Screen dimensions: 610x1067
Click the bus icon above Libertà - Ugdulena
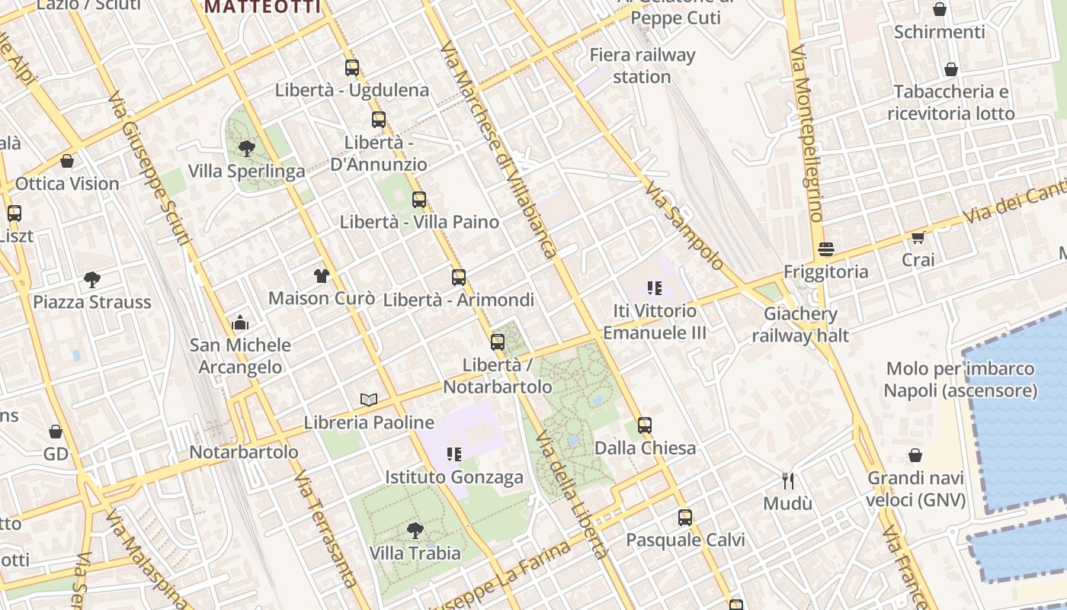(x=351, y=68)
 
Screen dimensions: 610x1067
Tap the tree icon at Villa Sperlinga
(x=246, y=148)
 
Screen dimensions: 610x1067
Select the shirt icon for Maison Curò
(x=321, y=276)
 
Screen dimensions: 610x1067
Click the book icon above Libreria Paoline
(x=369, y=400)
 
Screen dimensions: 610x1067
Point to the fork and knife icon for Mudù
(x=788, y=481)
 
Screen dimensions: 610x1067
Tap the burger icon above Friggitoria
(x=825, y=249)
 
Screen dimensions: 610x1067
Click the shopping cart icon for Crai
(x=918, y=238)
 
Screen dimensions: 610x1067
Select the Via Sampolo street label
(x=684, y=226)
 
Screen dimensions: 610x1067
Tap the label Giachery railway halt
(x=800, y=324)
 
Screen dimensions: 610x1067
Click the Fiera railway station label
(x=642, y=66)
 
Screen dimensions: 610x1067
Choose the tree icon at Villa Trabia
(x=415, y=530)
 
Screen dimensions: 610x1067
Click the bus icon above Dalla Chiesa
(x=645, y=425)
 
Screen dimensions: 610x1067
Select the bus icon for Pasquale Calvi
(x=685, y=518)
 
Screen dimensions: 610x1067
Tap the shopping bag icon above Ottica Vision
(x=67, y=162)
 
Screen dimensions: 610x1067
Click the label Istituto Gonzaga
(x=454, y=477)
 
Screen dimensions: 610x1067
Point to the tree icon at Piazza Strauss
(x=92, y=280)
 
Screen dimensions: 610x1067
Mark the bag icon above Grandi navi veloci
(x=915, y=456)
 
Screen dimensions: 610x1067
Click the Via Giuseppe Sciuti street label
(x=149, y=169)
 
